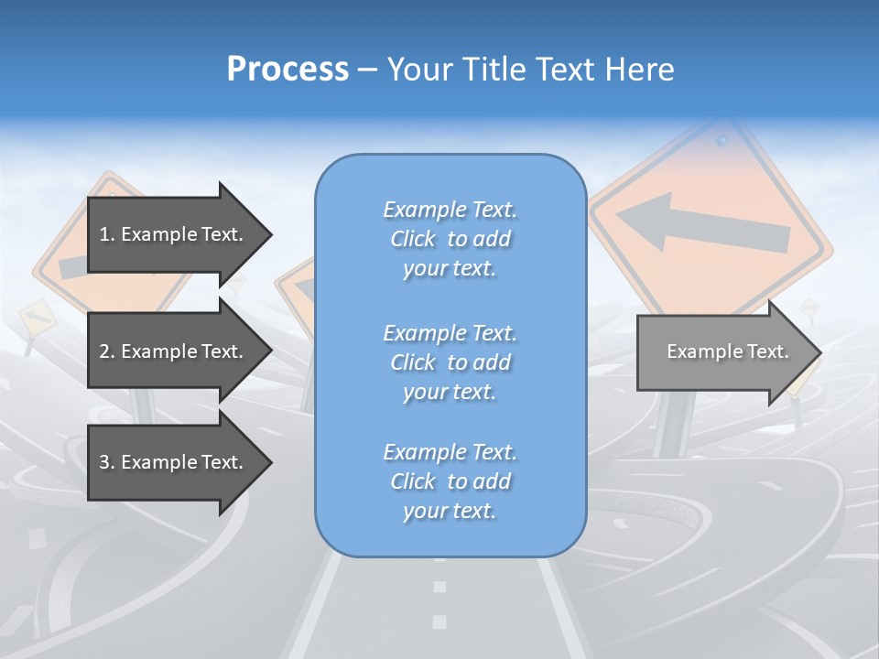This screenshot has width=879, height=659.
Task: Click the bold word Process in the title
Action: [288, 70]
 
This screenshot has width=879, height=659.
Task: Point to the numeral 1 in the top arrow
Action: [103, 234]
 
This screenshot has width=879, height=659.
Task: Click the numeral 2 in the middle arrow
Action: [104, 351]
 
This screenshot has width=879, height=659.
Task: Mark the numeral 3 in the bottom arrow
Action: [104, 462]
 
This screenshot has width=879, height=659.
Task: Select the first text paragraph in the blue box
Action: [450, 239]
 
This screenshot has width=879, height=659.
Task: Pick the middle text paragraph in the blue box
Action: [450, 362]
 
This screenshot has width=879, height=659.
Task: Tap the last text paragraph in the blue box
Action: [450, 481]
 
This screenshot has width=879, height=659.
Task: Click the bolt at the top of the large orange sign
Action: [722, 141]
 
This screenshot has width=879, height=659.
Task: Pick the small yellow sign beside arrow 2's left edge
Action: [36, 318]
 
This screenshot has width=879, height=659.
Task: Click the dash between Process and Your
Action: [367, 70]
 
